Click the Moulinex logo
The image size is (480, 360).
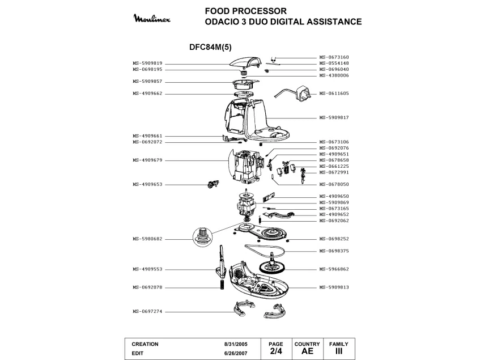152,18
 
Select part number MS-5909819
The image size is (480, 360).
147,63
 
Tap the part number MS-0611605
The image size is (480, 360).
334,94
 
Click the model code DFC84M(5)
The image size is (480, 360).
211,47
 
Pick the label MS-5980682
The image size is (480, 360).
147,239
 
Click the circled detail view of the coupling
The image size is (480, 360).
202,237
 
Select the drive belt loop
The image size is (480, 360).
265,250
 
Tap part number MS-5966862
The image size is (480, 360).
334,269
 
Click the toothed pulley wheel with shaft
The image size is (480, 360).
272,265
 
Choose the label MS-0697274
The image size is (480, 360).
147,312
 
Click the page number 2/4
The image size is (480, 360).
276,351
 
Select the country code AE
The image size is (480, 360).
307,351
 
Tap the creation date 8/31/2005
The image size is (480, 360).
236,344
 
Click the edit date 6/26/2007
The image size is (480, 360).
236,353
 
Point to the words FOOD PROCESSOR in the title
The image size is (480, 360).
246,11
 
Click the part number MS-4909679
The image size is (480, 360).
147,160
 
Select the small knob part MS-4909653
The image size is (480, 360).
213,184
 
